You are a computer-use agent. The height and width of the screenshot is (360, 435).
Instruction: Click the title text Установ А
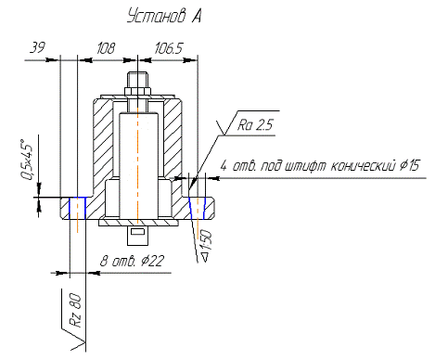[164, 16]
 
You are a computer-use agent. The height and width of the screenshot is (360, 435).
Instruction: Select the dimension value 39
[37, 47]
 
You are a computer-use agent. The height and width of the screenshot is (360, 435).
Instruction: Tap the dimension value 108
[106, 48]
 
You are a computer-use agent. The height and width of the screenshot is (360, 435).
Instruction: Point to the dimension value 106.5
[169, 48]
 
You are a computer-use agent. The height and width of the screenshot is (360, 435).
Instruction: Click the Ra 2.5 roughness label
[255, 125]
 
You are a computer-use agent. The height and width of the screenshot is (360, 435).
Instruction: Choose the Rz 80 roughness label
[76, 311]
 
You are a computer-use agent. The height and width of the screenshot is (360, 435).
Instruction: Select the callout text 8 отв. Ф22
[132, 261]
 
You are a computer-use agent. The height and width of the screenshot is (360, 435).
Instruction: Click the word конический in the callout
[364, 166]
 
